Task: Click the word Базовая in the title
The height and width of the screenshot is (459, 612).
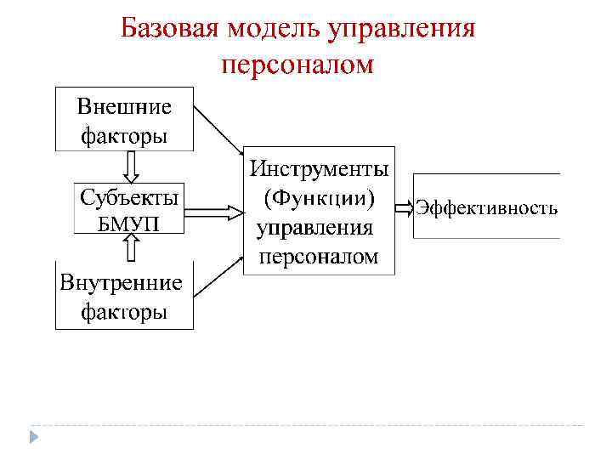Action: click(168, 29)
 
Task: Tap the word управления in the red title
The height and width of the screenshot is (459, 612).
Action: click(399, 29)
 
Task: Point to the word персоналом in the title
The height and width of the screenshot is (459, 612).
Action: click(297, 64)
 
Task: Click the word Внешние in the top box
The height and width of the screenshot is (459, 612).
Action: click(124, 107)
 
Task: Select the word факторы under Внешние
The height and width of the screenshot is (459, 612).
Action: click(124, 134)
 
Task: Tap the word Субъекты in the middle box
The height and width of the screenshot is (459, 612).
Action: click(129, 198)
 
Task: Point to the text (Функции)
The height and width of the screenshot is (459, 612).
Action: click(320, 197)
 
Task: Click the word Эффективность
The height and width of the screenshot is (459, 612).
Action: click(486, 208)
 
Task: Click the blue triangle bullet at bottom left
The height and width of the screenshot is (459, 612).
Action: click(33, 435)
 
